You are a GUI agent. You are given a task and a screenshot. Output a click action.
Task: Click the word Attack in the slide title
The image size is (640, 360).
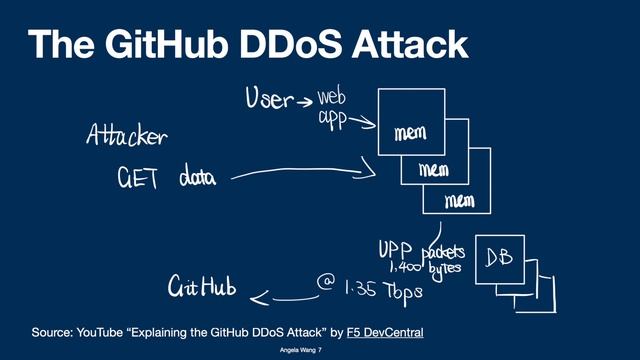(409, 44)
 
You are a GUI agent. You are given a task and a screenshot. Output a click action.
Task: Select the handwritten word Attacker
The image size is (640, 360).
(126, 136)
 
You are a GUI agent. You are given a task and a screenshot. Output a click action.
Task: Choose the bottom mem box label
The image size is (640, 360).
(458, 201)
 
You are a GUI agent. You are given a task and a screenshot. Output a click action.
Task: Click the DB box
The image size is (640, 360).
(499, 258)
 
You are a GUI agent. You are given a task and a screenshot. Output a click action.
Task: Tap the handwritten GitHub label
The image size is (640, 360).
(201, 289)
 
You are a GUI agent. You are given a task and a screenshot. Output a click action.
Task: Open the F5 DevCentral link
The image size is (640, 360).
(386, 330)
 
